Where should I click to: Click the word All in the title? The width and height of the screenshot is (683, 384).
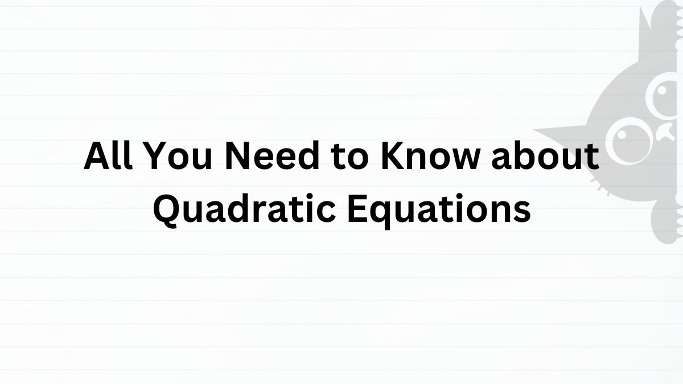(108, 155)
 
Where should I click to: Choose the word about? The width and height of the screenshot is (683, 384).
(545, 155)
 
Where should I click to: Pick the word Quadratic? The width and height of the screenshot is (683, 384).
(244, 209)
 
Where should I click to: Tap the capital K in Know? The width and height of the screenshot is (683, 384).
(393, 156)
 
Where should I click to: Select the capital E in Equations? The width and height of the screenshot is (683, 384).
(357, 209)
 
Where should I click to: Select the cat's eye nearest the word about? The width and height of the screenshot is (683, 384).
(629, 141)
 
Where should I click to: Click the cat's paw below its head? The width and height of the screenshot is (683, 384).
(668, 221)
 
